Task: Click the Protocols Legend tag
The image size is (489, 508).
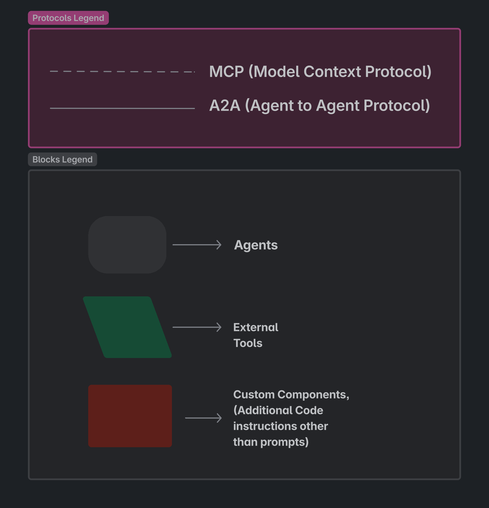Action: pyautogui.click(x=68, y=18)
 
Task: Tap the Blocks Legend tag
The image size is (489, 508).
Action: pyautogui.click(x=63, y=159)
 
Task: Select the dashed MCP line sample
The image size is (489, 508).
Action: pyautogui.click(x=122, y=72)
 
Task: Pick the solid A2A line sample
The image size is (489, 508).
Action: pyautogui.click(x=122, y=108)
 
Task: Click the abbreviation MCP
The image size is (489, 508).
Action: pyautogui.click(x=227, y=72)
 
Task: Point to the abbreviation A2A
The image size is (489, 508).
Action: pyautogui.click(x=225, y=106)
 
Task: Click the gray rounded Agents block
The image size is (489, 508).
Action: pyautogui.click(x=127, y=245)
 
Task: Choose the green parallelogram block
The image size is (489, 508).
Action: pyautogui.click(x=127, y=327)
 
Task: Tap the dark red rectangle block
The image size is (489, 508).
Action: pyautogui.click(x=130, y=416)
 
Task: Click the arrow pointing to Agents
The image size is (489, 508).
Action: pyautogui.click(x=197, y=245)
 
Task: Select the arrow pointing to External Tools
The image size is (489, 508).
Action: pyautogui.click(x=197, y=327)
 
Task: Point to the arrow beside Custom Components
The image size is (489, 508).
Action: pyautogui.click(x=203, y=418)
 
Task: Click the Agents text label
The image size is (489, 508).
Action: pyautogui.click(x=256, y=245)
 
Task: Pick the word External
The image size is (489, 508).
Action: pyautogui.click(x=256, y=327)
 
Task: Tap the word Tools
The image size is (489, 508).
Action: pyautogui.click(x=248, y=343)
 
